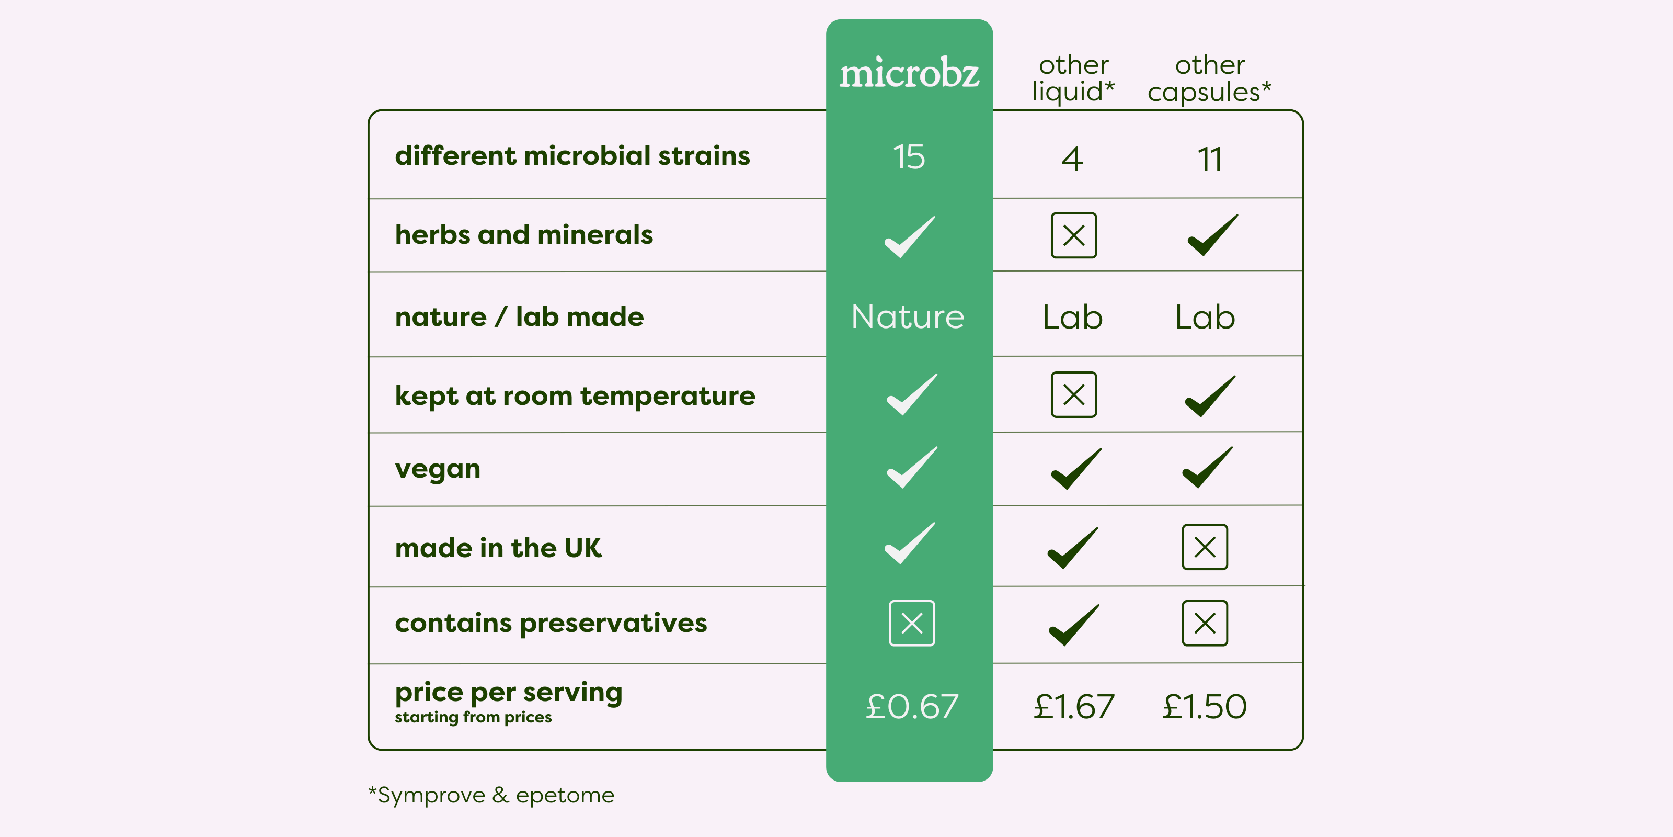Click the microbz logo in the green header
(909, 72)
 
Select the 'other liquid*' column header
(1073, 78)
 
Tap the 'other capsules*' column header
(1209, 78)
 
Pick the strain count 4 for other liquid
(1072, 159)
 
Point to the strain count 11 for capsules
(1209, 159)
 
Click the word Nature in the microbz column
(908, 316)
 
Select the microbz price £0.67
(912, 706)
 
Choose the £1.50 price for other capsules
(1205, 706)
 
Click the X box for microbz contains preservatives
(912, 623)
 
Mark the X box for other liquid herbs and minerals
(1073, 235)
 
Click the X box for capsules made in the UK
(1205, 547)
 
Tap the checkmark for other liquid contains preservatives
(1074, 625)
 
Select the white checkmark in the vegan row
(912, 467)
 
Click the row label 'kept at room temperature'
(575, 396)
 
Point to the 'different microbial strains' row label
(572, 155)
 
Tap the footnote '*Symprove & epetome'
(491, 795)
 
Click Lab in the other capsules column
(1205, 317)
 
